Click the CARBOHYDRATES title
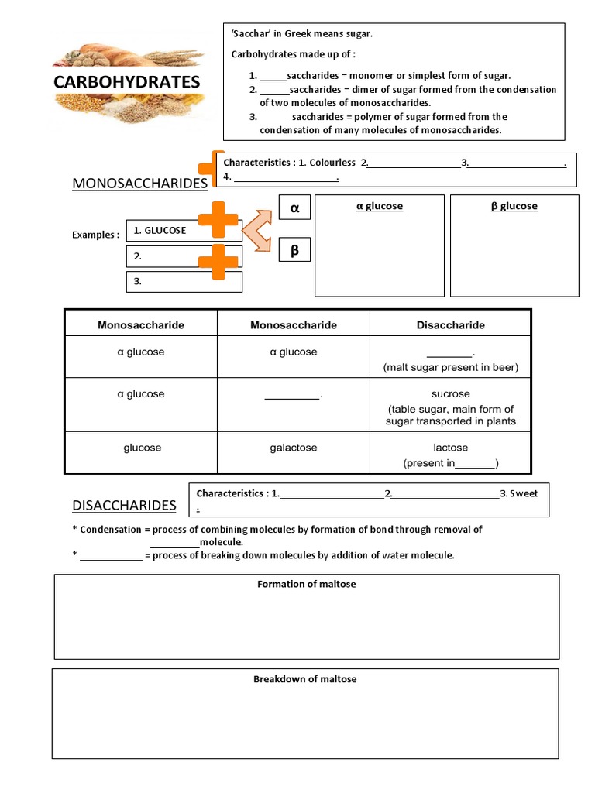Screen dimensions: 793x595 tap(126, 82)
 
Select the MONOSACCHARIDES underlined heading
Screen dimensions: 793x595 tap(139, 183)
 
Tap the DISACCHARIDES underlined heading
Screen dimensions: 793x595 tap(124, 506)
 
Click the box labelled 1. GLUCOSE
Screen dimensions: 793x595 tap(183, 231)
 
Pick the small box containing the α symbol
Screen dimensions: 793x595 tap(294, 208)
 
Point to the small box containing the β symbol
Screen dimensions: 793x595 tap(294, 252)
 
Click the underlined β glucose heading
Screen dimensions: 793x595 tap(514, 206)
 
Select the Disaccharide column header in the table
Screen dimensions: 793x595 tap(450, 325)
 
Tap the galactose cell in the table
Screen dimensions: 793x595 tap(294, 448)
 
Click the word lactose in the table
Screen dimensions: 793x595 tap(450, 448)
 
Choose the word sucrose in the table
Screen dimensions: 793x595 tap(450, 394)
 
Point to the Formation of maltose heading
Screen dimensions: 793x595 tap(306, 584)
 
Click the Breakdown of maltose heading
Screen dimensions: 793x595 tap(305, 679)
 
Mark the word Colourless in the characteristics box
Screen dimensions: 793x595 tap(332, 163)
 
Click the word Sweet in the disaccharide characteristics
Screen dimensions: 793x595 tap(523, 493)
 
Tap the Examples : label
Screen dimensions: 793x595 tap(96, 235)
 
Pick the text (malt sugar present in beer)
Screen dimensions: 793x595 tap(450, 367)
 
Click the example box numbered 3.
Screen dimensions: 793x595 tap(184, 282)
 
